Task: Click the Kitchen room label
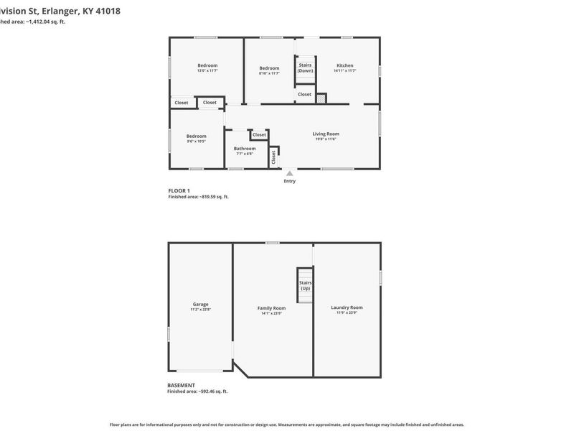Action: [345, 65]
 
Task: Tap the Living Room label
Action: [326, 134]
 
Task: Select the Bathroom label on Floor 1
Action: [245, 149]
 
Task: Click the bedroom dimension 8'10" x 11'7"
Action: [269, 73]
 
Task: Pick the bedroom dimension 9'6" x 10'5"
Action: [196, 142]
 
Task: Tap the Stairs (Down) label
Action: [305, 68]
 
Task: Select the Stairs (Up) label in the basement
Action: [305, 285]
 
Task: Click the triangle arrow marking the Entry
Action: [289, 173]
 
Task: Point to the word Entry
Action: [289, 181]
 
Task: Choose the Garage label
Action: [200, 304]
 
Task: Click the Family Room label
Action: [271, 308]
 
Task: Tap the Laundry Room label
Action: [347, 308]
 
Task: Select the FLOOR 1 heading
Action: [179, 191]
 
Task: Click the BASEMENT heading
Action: [181, 386]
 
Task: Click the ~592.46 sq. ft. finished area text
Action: [211, 391]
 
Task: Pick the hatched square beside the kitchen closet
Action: [322, 98]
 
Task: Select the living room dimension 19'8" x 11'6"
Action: [326, 139]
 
